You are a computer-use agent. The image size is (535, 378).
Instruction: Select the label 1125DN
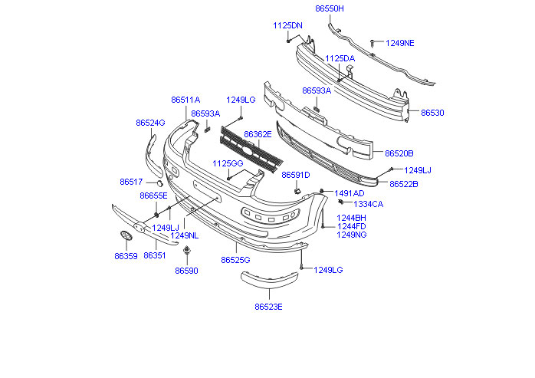pyautogui.click(x=288, y=25)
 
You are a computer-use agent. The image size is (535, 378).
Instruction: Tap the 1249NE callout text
pyautogui.click(x=399, y=43)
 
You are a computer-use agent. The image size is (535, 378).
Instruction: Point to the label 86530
pyautogui.click(x=432, y=113)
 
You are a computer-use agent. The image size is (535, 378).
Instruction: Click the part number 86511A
pyautogui.click(x=185, y=100)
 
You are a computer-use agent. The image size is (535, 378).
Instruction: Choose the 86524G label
pyautogui.click(x=150, y=123)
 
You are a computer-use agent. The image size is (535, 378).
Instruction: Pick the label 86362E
pyautogui.click(x=258, y=134)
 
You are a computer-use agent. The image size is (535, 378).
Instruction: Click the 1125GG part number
pyautogui.click(x=227, y=163)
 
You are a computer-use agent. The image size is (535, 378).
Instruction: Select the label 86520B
pyautogui.click(x=399, y=153)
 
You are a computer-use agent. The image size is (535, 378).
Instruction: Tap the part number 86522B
pyautogui.click(x=404, y=184)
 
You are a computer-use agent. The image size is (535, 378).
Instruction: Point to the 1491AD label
pyautogui.click(x=350, y=193)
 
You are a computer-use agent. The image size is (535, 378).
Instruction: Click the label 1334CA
pyautogui.click(x=369, y=204)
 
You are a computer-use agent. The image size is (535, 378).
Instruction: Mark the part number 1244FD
pyautogui.click(x=351, y=226)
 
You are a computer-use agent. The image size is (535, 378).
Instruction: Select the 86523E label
pyautogui.click(x=269, y=307)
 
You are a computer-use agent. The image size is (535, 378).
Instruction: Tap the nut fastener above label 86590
pyautogui.click(x=187, y=251)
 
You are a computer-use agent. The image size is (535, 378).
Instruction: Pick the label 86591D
pyautogui.click(x=295, y=175)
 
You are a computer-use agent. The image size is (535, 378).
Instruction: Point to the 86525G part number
pyautogui.click(x=236, y=260)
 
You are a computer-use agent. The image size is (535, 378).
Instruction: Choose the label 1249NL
pyautogui.click(x=185, y=235)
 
